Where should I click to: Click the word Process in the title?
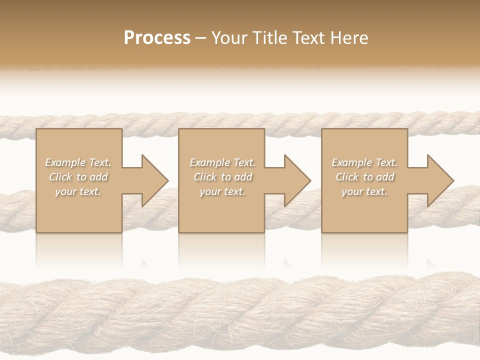(157, 38)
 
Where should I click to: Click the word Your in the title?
(229, 38)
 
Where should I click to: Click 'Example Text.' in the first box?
(78, 162)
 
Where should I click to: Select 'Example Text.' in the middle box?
(222, 162)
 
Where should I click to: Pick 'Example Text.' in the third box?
(364, 162)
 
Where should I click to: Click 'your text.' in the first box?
(78, 191)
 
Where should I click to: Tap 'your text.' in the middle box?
(222, 191)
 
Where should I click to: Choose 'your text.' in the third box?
(364, 191)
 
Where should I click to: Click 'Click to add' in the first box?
(78, 177)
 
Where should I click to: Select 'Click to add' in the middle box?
(222, 177)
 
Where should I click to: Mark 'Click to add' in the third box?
(364, 177)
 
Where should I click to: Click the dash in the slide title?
(200, 38)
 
